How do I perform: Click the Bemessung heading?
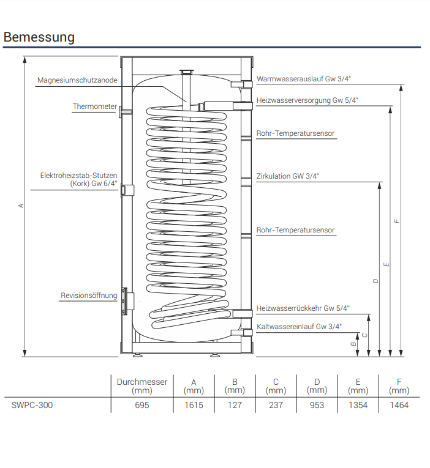pyautogui.click(x=39, y=37)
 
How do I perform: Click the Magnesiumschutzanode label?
pyautogui.click(x=77, y=80)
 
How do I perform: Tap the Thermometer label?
pyautogui.click(x=95, y=106)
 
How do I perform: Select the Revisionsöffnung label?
pyautogui.click(x=89, y=295)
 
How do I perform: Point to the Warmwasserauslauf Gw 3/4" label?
pyautogui.click(x=304, y=79)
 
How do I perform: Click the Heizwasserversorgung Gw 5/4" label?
pyautogui.click(x=307, y=100)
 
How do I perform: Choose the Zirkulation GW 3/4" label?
pyautogui.click(x=288, y=176)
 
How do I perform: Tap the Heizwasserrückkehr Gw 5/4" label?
pyautogui.click(x=303, y=308)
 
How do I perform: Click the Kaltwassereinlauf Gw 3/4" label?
pyautogui.click(x=299, y=327)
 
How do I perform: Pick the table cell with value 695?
pyautogui.click(x=142, y=405)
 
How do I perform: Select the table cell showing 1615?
pyautogui.click(x=194, y=405)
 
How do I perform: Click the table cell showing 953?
pyautogui.click(x=317, y=405)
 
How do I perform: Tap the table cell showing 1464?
pyautogui.click(x=399, y=405)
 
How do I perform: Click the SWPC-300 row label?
pyautogui.click(x=32, y=405)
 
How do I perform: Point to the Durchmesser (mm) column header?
pyautogui.click(x=142, y=386)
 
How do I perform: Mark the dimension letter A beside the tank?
pyautogui.click(x=21, y=206)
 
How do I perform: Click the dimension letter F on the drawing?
pyautogui.click(x=396, y=221)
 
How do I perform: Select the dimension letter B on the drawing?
pyautogui.click(x=353, y=344)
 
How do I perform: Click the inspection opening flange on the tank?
pyautogui.click(x=124, y=301)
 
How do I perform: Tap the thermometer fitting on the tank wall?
pyautogui.click(x=121, y=112)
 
